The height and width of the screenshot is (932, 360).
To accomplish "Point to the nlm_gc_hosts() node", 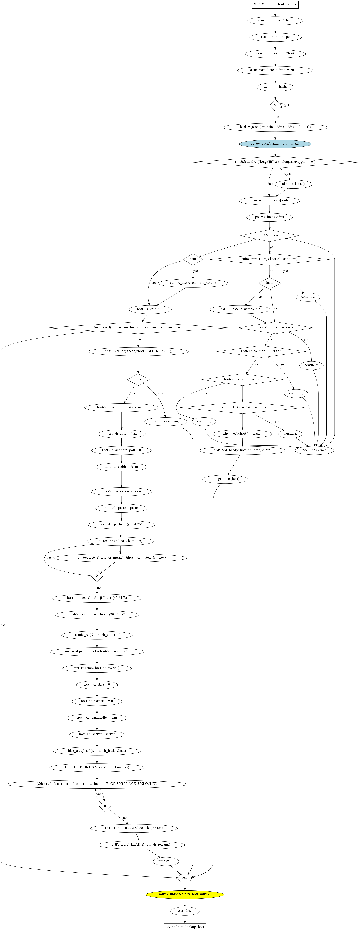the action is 293,184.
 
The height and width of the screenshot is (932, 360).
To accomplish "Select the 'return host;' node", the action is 185,911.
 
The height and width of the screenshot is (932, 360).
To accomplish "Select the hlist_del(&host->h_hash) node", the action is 242,433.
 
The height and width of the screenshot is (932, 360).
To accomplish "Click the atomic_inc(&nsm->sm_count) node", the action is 193,283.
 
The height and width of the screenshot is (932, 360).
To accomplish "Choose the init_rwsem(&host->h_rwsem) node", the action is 97,668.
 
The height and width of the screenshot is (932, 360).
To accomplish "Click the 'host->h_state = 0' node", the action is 97,685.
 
